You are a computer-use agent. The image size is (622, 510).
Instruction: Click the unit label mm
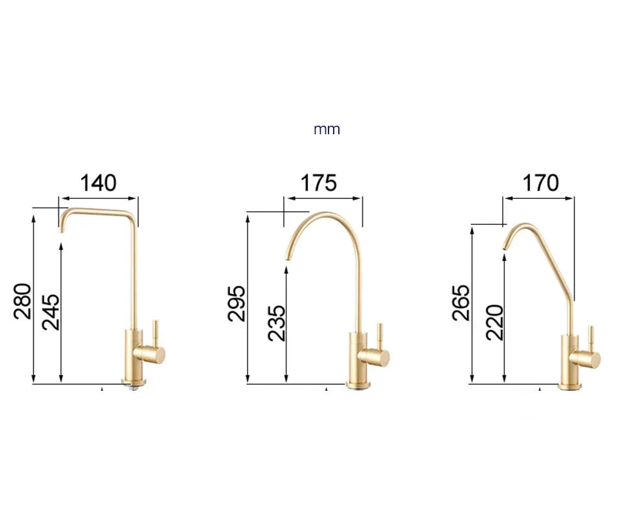coord(327,130)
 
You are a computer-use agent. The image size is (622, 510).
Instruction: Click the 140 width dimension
coord(98,183)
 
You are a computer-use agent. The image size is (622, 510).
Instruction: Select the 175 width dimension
coord(318,183)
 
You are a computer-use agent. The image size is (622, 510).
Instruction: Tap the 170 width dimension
coord(540,183)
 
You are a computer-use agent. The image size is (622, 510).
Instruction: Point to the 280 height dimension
coord(23,301)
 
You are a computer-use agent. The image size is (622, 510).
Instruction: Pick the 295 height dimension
coord(237,303)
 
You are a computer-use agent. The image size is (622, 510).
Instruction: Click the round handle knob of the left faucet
coord(156,354)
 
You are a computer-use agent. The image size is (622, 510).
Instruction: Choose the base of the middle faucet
coord(358,385)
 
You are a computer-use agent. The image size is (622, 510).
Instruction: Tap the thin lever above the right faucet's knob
coord(590,336)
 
